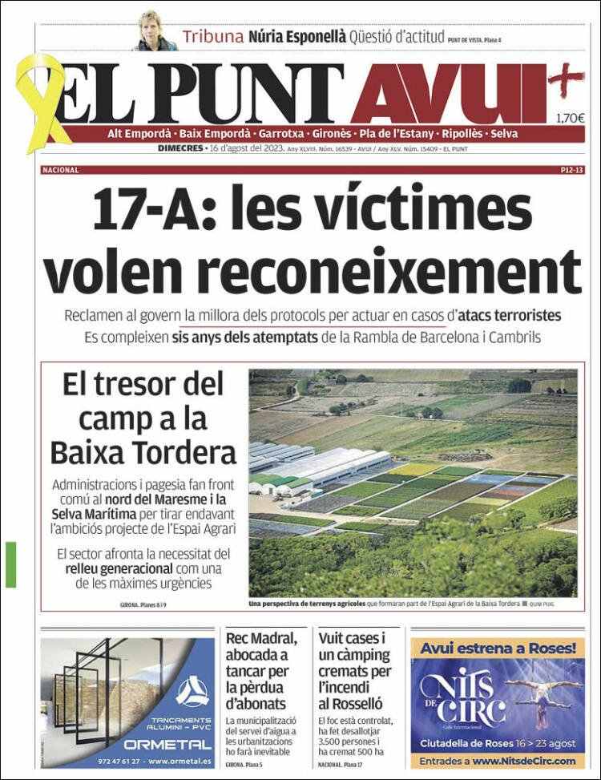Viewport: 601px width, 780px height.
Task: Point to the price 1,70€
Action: (x=570, y=119)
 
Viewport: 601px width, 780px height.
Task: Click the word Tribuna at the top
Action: (x=212, y=36)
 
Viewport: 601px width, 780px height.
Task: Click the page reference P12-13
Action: (x=573, y=171)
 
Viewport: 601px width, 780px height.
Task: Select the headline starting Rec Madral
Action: (x=262, y=671)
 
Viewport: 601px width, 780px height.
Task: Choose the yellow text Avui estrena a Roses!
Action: (x=498, y=647)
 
